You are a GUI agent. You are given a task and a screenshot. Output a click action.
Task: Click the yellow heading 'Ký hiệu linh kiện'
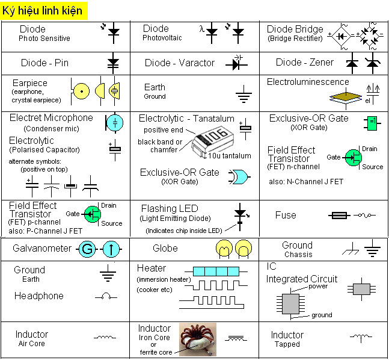tap(43, 11)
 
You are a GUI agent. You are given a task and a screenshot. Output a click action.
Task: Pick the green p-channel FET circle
tap(91, 214)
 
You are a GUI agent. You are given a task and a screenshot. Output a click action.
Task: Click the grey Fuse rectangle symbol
tap(339, 215)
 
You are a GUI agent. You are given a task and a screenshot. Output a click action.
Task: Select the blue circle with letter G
tap(87, 249)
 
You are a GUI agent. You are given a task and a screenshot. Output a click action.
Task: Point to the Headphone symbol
tap(106, 296)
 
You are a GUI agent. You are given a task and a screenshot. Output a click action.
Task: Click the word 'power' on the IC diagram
tap(317, 287)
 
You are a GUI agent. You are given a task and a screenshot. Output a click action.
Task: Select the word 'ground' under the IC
tap(321, 315)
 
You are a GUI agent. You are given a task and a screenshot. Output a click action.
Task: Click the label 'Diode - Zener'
tap(304, 63)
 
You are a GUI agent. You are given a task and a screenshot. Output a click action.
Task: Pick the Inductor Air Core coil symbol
tap(105, 338)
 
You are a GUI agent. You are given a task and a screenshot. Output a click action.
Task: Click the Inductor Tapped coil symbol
tap(361, 338)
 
